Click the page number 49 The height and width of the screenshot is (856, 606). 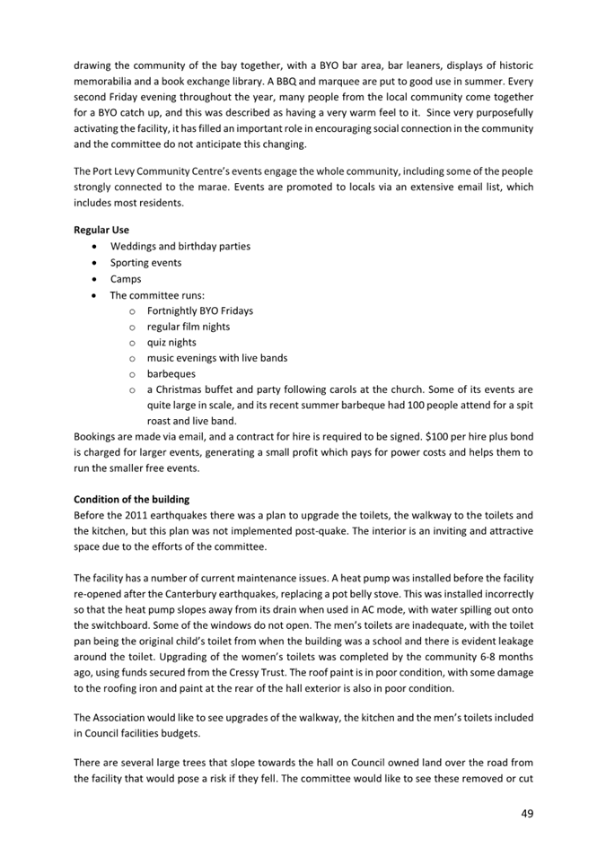[524, 813]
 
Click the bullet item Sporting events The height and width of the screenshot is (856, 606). [145, 263]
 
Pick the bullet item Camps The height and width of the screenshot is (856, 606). [126, 279]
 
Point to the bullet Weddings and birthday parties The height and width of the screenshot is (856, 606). [180, 247]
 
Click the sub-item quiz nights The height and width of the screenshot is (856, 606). [171, 343]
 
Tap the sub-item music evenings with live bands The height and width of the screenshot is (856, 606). [217, 358]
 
